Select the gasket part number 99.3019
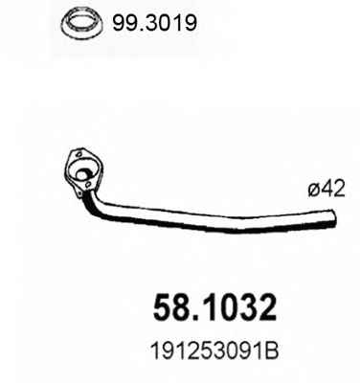(x=154, y=23)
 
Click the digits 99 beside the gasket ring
(x=125, y=23)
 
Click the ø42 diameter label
(x=326, y=190)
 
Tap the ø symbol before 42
(x=315, y=191)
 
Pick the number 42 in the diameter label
(x=334, y=190)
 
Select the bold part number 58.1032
(x=214, y=308)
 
